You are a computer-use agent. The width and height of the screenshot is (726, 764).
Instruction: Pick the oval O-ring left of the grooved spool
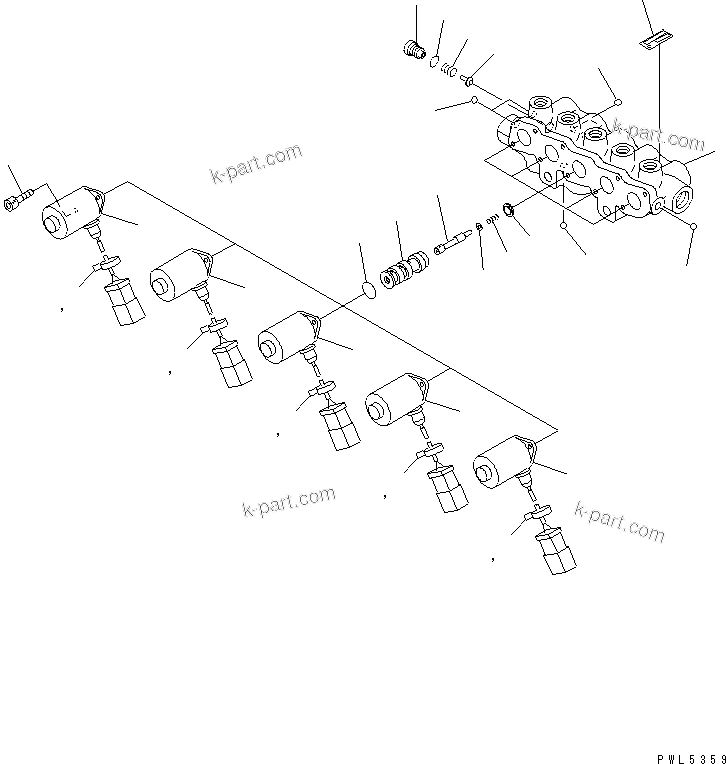[368, 291]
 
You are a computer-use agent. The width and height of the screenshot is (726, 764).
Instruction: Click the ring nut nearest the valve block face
[507, 209]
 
